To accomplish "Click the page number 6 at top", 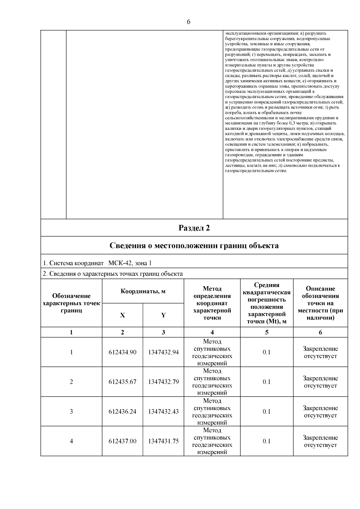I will (188, 22).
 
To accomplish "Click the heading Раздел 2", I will (194, 228).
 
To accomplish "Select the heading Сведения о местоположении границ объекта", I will (194, 246).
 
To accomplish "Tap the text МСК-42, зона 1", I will (130, 263).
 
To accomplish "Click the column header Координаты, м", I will (143, 291).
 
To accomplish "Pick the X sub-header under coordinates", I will (122, 315).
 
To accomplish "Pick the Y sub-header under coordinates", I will (163, 315).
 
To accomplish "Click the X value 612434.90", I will (122, 352).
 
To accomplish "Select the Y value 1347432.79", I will (163, 382).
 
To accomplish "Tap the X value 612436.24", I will (122, 412).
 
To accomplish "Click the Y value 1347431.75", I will (163, 441).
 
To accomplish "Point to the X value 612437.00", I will (122, 441).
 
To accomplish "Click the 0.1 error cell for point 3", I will (266, 412).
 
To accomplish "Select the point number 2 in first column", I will (71, 382).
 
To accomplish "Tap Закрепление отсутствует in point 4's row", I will (320, 441).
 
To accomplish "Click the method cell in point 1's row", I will (212, 352).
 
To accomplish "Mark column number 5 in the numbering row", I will (266, 332).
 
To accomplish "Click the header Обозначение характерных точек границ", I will (71, 303).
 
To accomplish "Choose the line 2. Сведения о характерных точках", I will (113, 274).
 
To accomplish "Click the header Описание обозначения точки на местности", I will (320, 303).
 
